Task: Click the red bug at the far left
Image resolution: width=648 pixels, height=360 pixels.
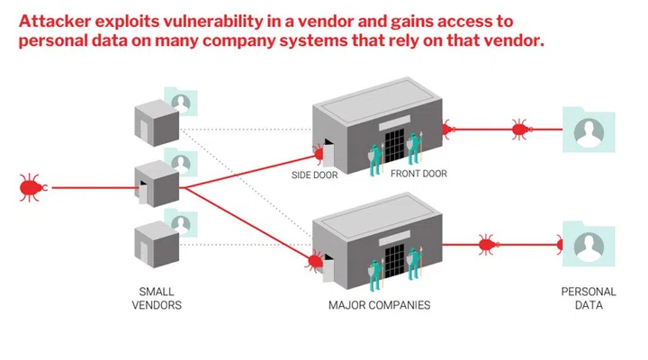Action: pyautogui.click(x=31, y=187)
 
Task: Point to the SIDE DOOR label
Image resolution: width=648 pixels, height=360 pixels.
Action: pyautogui.click(x=314, y=175)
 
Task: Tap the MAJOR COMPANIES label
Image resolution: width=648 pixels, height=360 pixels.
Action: pyautogui.click(x=379, y=305)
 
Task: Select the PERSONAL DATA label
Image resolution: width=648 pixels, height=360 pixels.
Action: pyautogui.click(x=589, y=298)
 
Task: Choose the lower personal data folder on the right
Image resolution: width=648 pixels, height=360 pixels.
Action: pyautogui.click(x=588, y=244)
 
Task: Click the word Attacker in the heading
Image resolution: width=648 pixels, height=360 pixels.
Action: pyautogui.click(x=60, y=21)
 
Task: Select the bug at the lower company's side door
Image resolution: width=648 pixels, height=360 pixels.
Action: pyautogui.click(x=315, y=261)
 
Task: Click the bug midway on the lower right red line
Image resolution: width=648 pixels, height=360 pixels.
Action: pyautogui.click(x=486, y=243)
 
